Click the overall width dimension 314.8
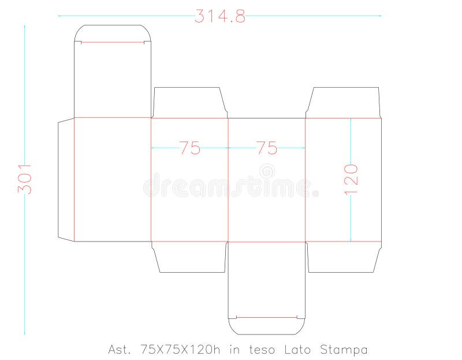pyautogui.click(x=219, y=16)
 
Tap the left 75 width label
pyautogui.click(x=189, y=148)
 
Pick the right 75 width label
pyautogui.click(x=267, y=148)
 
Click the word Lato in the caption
pyautogui.click(x=299, y=350)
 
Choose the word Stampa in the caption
pyautogui.click(x=345, y=350)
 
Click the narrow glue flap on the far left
pyautogui.click(x=66, y=179)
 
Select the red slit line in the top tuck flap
pyautogui.click(x=113, y=42)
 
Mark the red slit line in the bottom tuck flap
pyautogui.click(x=266, y=317)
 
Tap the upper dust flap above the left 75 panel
pyautogui.click(x=189, y=103)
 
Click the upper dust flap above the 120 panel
pyautogui.click(x=343, y=103)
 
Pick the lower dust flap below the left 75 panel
pyautogui.click(x=189, y=257)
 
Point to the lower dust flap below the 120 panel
pyautogui.click(x=343, y=257)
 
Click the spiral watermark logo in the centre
pyautogui.click(x=267, y=171)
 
